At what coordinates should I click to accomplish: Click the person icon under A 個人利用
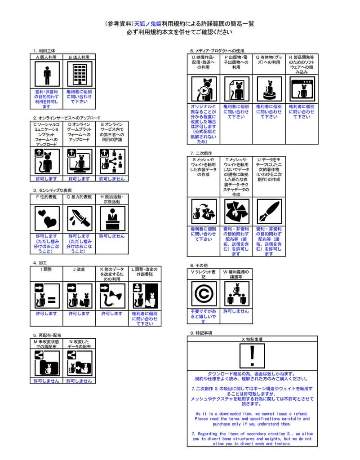coord(47,74)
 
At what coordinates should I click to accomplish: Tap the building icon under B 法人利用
coord(80,74)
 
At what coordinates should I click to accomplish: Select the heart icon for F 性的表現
coord(47,218)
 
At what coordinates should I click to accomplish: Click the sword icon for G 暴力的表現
coord(80,218)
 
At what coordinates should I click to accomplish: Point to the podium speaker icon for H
coord(112,218)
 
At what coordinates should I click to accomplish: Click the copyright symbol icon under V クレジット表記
coord(204,293)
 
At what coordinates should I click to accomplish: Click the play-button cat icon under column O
coord(204,89)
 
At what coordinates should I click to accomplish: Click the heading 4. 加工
coord(41,263)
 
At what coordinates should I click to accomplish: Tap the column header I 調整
coord(47,270)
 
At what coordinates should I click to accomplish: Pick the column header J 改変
coord(80,270)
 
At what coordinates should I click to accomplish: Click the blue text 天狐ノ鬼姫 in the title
coord(148,23)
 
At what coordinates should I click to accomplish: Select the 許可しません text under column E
coord(112,179)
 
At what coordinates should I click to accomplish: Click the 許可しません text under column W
coord(236,311)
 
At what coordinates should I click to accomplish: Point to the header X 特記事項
coord(252,340)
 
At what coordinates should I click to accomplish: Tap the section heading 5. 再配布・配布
coord(47,335)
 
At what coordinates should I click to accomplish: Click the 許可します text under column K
coord(112,314)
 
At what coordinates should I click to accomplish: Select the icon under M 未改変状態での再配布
coord(47,363)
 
